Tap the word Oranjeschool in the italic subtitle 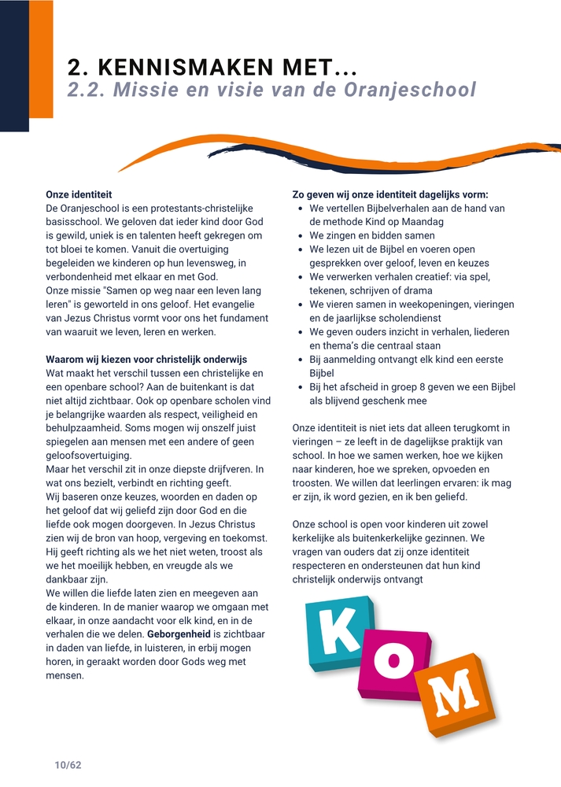pyautogui.click(x=410, y=90)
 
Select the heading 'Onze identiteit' pyautogui.click(x=79, y=194)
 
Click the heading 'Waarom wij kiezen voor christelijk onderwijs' pyautogui.click(x=146, y=360)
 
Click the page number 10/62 pyautogui.click(x=68, y=765)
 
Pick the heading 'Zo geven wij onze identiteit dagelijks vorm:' pyautogui.click(x=390, y=194)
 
